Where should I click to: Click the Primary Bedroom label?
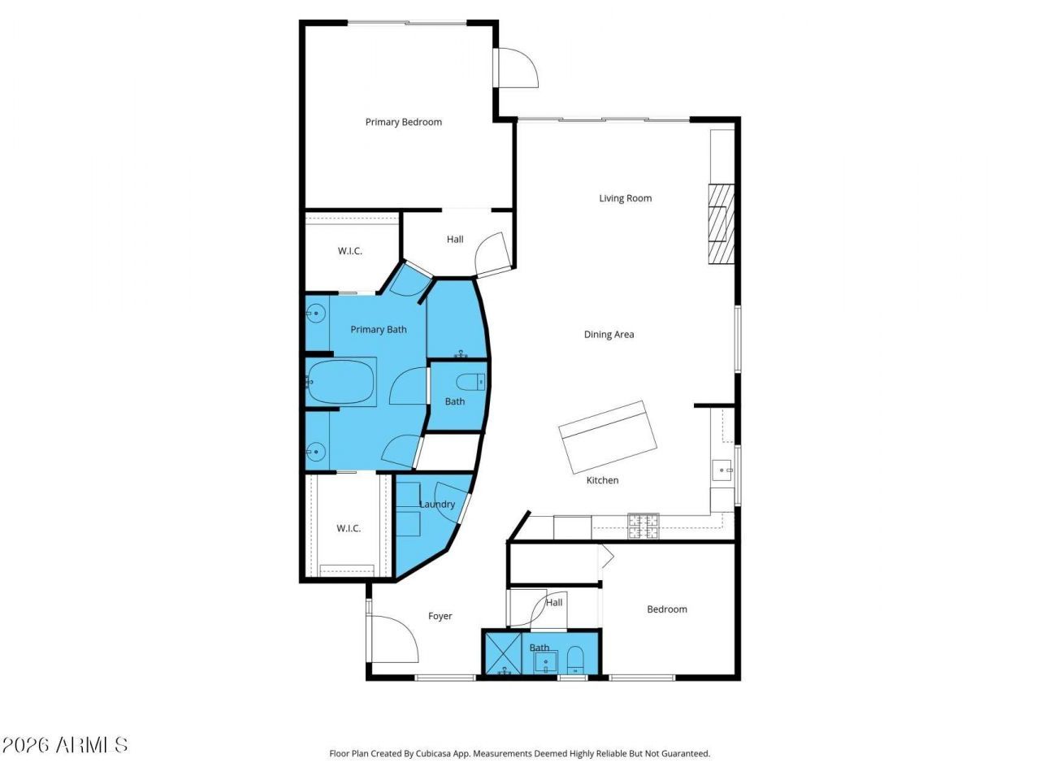pos(403,122)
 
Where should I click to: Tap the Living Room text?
pos(625,198)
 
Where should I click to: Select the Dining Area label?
pos(609,335)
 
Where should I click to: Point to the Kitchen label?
pos(602,480)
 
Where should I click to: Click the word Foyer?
pos(440,616)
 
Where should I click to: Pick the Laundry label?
pos(437,505)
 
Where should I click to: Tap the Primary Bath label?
pos(378,330)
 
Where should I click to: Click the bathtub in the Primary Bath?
pos(340,382)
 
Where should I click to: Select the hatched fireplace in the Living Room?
pos(721,224)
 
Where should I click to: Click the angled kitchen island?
pos(608,437)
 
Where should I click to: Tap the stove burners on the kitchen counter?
pos(643,526)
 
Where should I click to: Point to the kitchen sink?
pos(722,470)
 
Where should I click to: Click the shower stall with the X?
pos(502,652)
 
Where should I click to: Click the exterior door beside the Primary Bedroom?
pos(516,67)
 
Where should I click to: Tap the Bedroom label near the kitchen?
pos(666,609)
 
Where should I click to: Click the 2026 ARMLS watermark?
pos(64,745)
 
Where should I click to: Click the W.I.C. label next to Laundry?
pos(349,528)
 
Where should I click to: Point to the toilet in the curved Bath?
pos(471,382)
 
